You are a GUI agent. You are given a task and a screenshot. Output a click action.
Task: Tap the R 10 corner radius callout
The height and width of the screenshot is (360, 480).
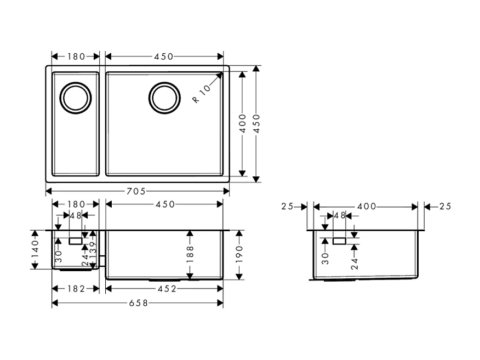202,94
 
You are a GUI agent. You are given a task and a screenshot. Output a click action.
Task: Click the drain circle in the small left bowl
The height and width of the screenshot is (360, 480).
75,98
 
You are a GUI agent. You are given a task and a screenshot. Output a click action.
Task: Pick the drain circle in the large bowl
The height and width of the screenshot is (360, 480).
164,98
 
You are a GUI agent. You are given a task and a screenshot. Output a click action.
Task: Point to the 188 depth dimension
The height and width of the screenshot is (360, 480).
190,254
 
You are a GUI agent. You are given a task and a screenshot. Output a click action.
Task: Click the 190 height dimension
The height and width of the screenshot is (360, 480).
239,254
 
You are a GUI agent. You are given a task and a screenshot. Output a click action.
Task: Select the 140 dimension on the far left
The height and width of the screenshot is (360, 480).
35,249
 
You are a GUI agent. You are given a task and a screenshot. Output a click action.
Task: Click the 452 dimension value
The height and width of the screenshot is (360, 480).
164,289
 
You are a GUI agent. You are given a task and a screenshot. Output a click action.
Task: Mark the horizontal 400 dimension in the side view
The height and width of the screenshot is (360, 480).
365,207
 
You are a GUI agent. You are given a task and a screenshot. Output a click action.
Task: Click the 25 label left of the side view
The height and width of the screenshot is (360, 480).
287,207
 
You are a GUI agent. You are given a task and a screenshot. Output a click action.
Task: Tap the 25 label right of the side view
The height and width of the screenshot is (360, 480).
445,207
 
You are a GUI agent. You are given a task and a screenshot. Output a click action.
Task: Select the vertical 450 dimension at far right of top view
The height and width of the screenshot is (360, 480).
256,124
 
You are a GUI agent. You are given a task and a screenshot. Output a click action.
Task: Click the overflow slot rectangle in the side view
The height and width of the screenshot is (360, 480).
340,241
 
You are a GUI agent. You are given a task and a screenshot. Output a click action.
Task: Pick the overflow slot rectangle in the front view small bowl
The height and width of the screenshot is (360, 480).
75,241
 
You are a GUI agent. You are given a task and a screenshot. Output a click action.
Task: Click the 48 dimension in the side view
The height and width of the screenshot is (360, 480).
339,216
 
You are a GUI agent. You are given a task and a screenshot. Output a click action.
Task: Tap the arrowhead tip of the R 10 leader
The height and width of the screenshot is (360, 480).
222,73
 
